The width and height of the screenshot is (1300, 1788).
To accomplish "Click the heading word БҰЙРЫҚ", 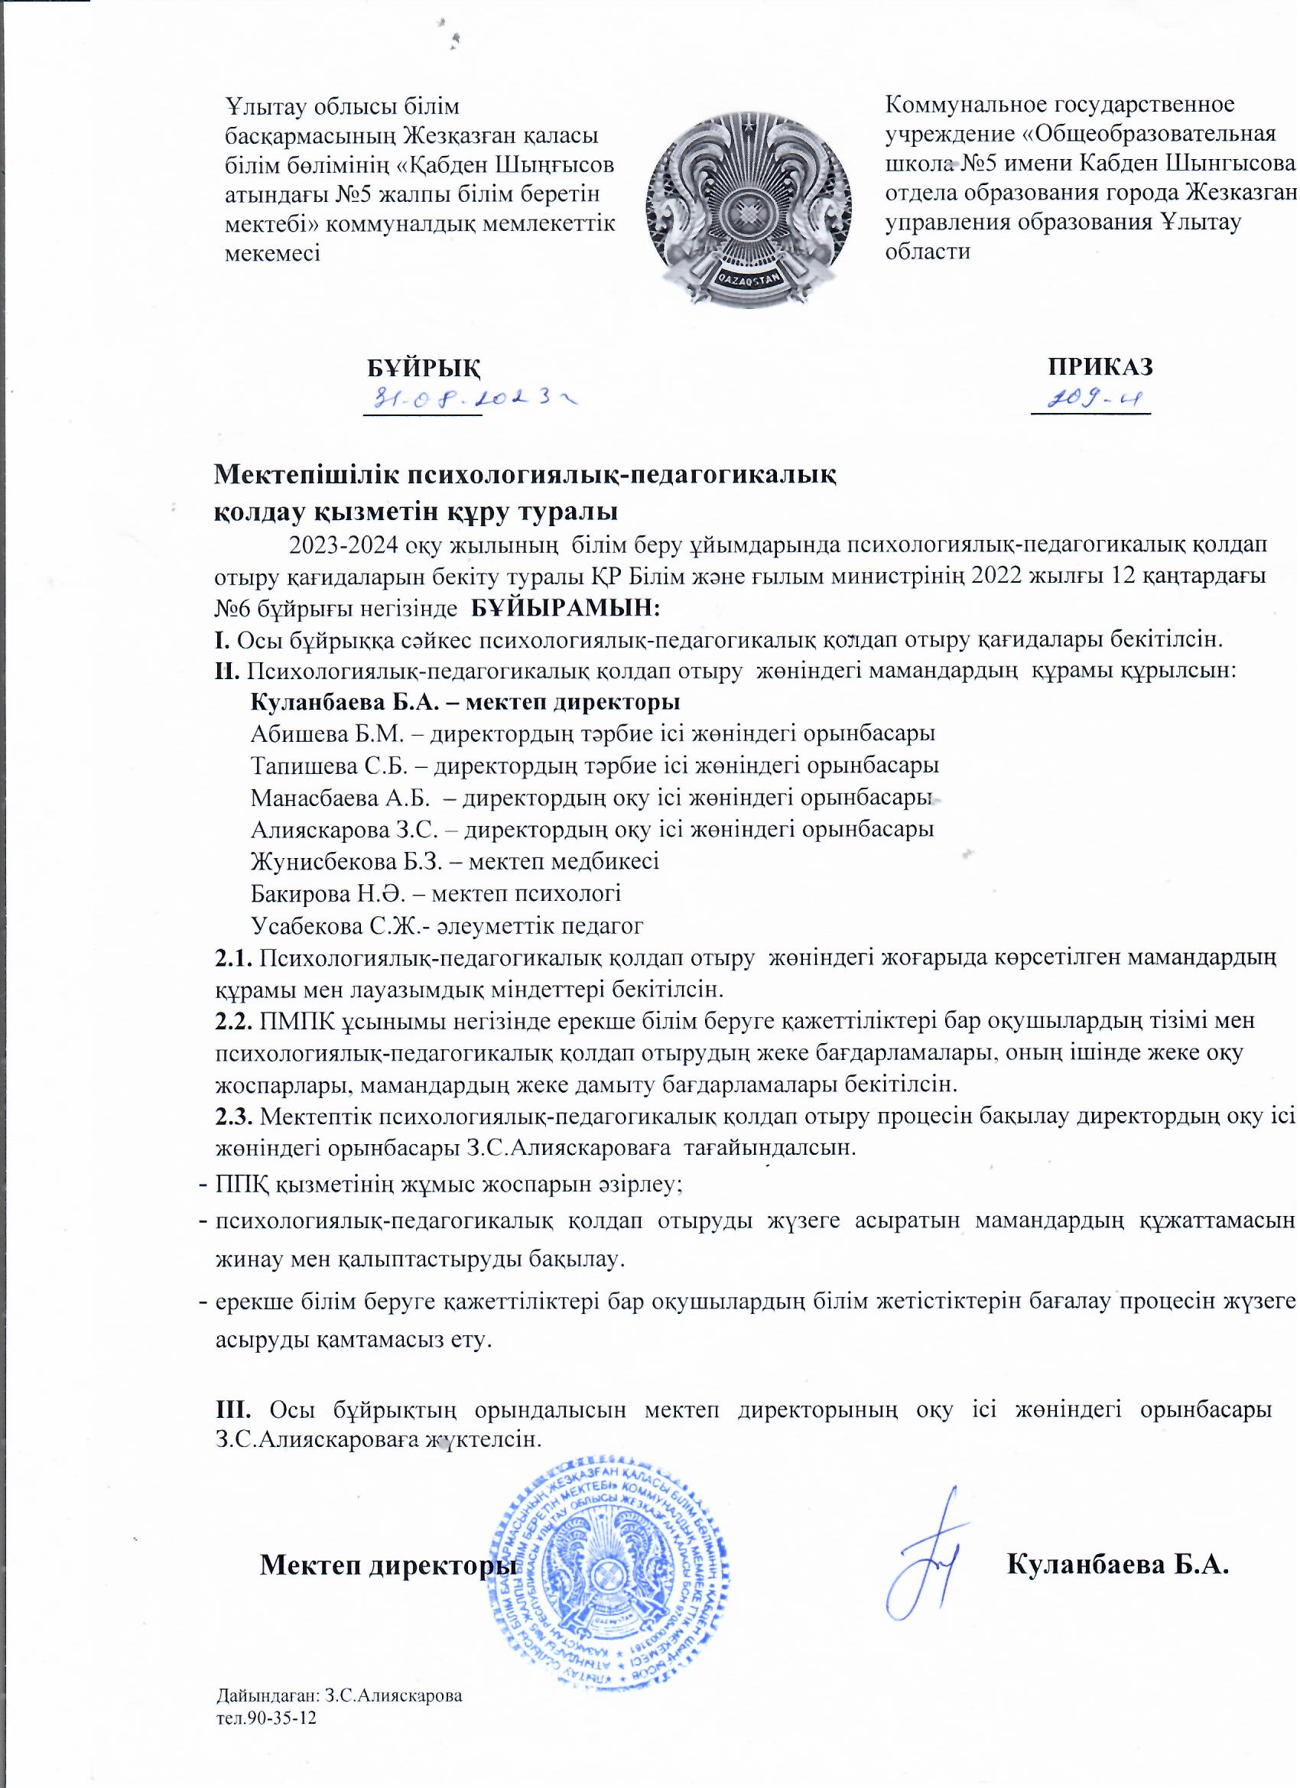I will (x=425, y=366).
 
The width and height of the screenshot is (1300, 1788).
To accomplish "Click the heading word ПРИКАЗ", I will (x=1100, y=366).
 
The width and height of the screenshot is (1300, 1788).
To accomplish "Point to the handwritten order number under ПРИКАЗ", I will (x=1091, y=401).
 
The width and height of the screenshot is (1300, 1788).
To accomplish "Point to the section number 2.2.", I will (x=233, y=1021).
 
